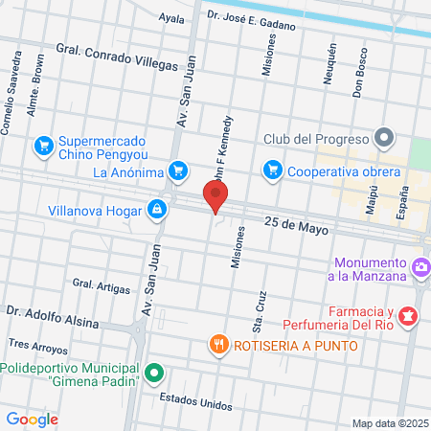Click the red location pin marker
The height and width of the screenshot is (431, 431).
(x=215, y=198)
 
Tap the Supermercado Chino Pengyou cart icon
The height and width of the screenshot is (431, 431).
(x=43, y=146)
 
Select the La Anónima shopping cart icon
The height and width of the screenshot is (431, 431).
(x=176, y=171)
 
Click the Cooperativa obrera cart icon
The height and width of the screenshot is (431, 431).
(x=272, y=171)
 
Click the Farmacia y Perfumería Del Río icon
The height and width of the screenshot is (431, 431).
(x=409, y=314)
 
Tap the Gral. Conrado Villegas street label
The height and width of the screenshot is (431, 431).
(x=117, y=58)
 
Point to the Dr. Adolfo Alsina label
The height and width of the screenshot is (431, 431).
(x=52, y=317)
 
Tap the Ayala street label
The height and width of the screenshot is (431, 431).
(x=171, y=17)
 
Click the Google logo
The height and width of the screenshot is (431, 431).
(x=32, y=419)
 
